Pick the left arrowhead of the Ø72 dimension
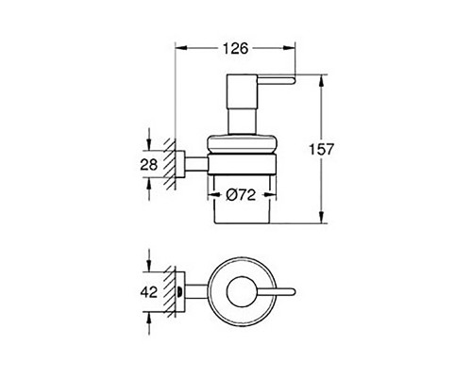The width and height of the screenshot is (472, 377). coord(213,196)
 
